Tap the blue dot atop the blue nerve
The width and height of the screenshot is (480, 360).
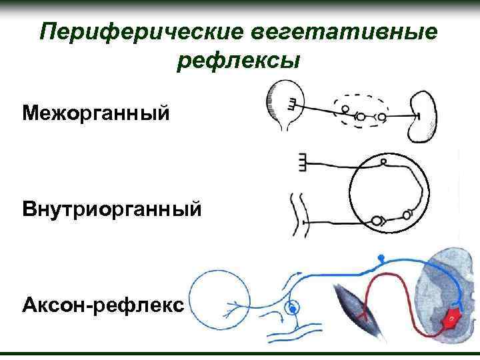click(x=381, y=257)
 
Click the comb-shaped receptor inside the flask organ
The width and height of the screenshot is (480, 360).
click(x=293, y=105)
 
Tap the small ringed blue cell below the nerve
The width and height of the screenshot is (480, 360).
click(x=291, y=308)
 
